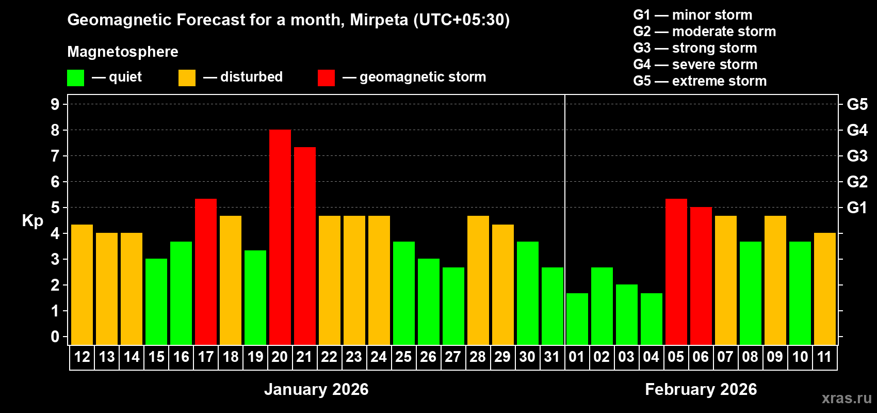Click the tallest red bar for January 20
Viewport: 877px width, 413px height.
tap(280, 237)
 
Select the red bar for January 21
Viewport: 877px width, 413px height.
tap(304, 246)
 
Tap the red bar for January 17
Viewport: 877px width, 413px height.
tap(205, 272)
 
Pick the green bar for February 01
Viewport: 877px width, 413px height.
tap(577, 319)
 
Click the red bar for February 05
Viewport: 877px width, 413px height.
tap(676, 272)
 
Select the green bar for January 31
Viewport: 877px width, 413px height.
tap(552, 306)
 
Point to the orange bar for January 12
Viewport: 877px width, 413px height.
tap(82, 284)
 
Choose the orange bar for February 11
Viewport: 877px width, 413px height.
tap(824, 289)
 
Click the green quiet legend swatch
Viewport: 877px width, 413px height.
tap(75, 78)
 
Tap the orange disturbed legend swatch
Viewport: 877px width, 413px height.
tap(187, 78)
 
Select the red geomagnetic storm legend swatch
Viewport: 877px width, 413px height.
tap(326, 78)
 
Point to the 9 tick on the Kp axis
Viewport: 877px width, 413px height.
tap(55, 104)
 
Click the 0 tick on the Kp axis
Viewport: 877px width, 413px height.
tap(55, 337)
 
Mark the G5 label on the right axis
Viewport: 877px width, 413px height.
tap(857, 104)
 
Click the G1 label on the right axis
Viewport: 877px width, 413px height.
tap(857, 208)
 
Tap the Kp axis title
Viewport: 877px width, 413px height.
tap(33, 220)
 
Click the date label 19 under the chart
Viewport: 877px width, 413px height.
tap(255, 357)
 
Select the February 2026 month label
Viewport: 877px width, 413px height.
tap(701, 389)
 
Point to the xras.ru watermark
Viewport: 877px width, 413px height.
tap(846, 398)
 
